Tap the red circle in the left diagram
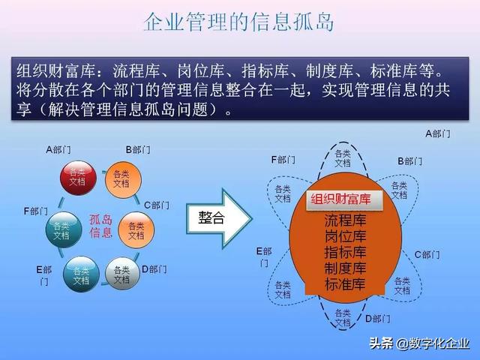[x=78, y=177]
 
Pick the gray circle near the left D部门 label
[x=121, y=274]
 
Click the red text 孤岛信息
[x=100, y=226]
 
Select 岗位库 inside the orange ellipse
[x=345, y=236]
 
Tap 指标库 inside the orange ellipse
[x=345, y=252]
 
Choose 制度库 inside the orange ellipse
[x=345, y=268]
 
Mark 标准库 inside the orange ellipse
[x=345, y=284]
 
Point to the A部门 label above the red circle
[x=58, y=149]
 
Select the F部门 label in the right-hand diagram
[x=283, y=160]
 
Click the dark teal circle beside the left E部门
[x=80, y=274]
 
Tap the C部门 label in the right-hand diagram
[x=427, y=254]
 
